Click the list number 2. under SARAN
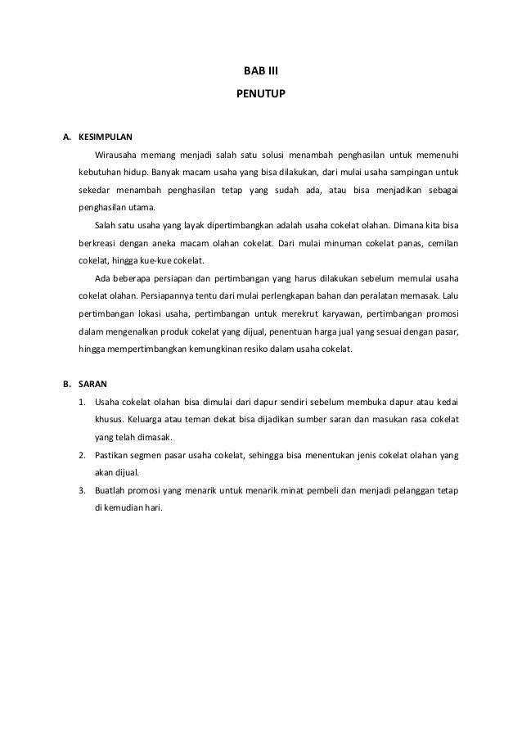pos(83,454)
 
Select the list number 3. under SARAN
pos(83,490)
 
